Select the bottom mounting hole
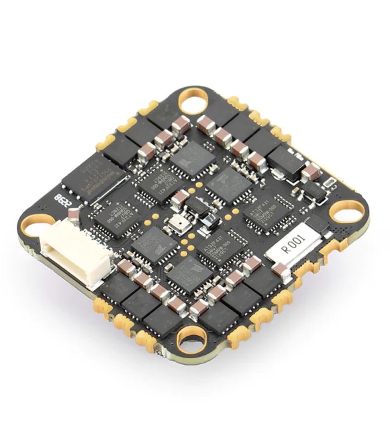tap(189, 338)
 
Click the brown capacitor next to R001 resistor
tap(280, 270)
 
